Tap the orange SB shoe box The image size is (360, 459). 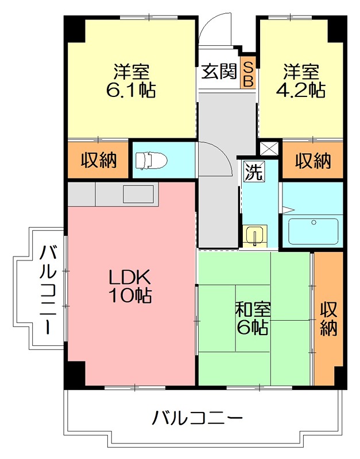tap(248, 73)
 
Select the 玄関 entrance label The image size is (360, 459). tap(219, 72)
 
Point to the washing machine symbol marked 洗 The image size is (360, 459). tap(253, 172)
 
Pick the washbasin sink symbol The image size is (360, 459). tap(254, 235)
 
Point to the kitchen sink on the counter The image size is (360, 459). tap(138, 193)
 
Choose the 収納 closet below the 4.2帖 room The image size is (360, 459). tap(313, 161)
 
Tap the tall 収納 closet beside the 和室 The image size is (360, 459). tap(328, 318)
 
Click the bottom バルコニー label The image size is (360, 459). tap(197, 418)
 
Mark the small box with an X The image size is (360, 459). tap(268, 148)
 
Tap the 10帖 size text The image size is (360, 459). tap(130, 295)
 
